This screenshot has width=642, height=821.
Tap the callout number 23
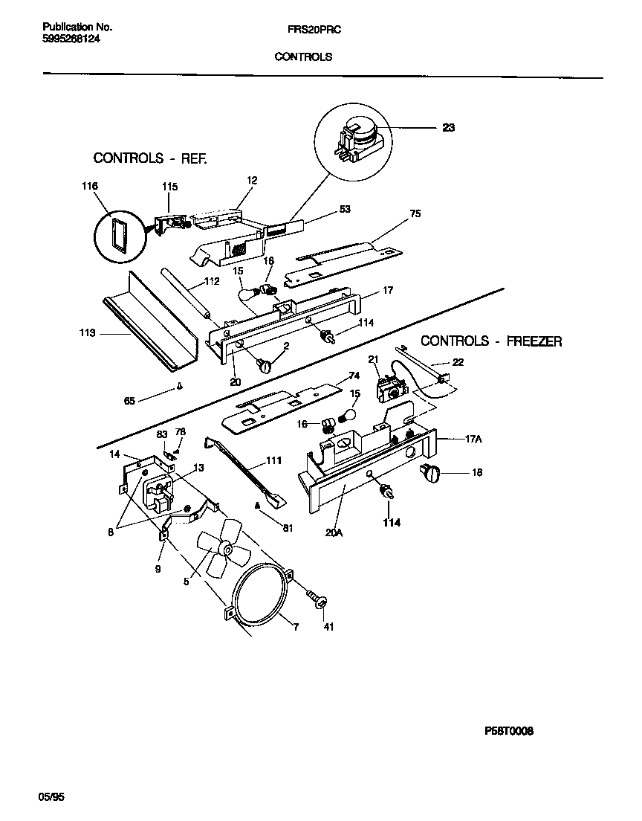448,127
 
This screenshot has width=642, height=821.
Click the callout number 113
87,333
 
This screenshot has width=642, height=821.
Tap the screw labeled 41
319,600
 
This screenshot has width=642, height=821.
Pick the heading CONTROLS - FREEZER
491,341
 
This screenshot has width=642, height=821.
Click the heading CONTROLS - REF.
149,158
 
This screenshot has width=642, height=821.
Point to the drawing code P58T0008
508,731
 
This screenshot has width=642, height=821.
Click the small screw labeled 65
179,386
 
